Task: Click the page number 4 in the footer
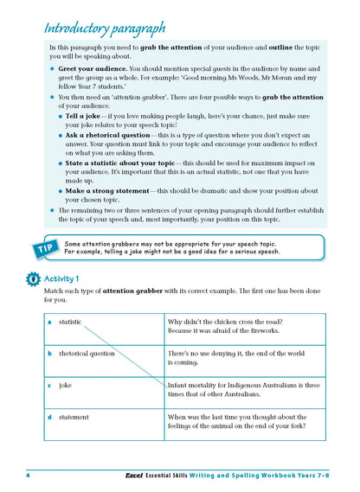click(29, 474)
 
